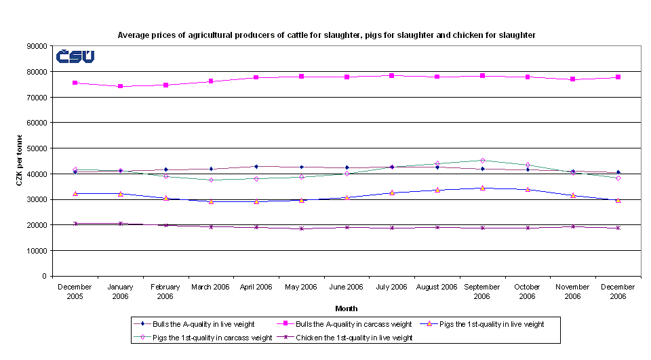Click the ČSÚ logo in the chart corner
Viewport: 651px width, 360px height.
tap(75, 57)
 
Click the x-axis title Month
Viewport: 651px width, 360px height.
tap(346, 308)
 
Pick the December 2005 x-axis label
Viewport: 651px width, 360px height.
tap(75, 292)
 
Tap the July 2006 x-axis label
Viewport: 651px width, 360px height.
tap(391, 287)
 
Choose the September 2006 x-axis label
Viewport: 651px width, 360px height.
tap(482, 292)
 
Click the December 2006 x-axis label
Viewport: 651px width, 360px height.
tap(618, 292)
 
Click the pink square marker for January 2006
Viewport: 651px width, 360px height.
tap(121, 86)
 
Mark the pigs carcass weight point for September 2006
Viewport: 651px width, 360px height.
tap(482, 161)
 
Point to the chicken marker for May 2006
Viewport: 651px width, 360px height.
tap(301, 228)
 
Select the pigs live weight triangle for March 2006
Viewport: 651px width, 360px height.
tap(211, 201)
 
